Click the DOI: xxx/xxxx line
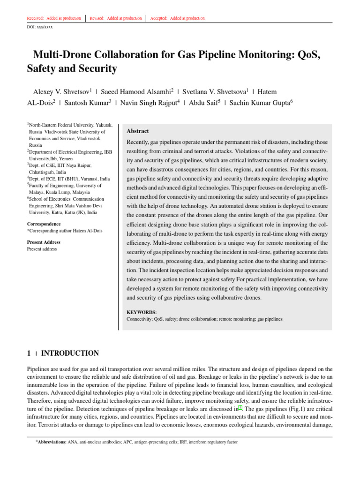coord(40,27)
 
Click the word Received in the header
coord(35,18)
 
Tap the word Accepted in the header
coord(159,18)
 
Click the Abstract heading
coord(138,131)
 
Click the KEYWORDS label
coord(142,312)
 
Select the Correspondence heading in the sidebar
coord(44,224)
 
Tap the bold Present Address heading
coord(44,242)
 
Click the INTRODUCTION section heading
coord(70,353)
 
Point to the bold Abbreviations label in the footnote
coord(52,442)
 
